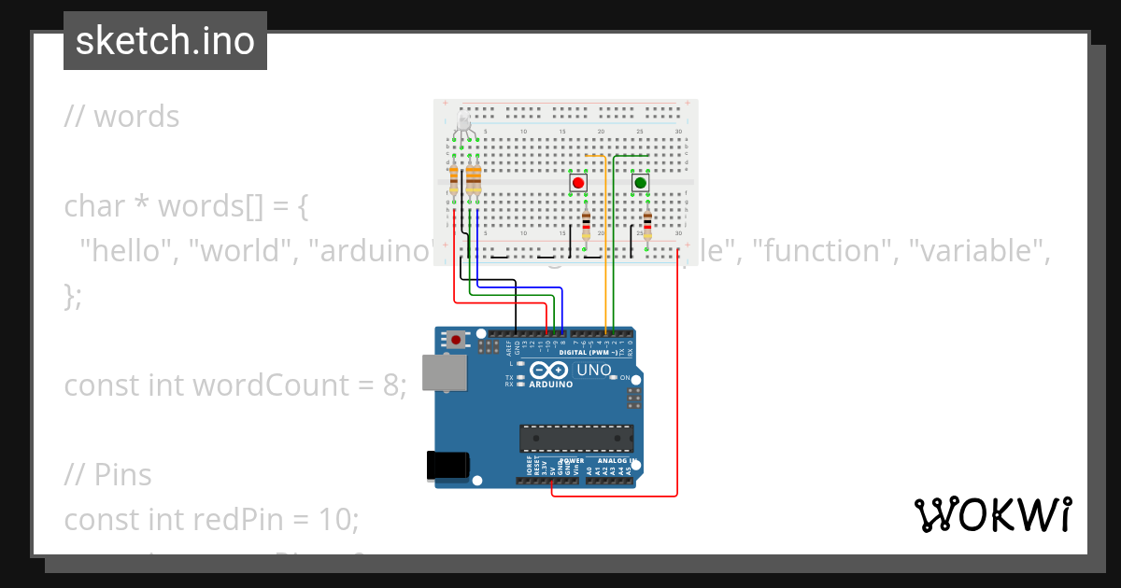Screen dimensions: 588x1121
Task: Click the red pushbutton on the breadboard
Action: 578,183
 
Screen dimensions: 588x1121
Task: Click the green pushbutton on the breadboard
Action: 641,183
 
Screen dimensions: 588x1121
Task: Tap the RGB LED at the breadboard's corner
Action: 464,126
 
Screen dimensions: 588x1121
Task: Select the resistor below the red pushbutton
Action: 586,225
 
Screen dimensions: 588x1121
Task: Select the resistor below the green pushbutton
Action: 647,225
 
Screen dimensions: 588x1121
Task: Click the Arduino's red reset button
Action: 456,340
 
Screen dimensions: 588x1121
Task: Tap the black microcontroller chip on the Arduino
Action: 576,439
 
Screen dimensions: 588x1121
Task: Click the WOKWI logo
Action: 993,514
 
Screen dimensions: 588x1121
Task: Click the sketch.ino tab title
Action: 165,41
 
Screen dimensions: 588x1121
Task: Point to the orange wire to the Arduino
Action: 606,243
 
